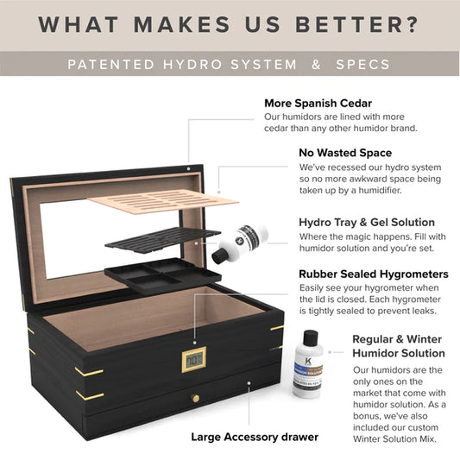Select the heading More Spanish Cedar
click(325, 104)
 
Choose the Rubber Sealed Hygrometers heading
click(374, 274)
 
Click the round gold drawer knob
click(196, 399)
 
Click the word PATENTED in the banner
click(110, 65)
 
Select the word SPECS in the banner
click(366, 65)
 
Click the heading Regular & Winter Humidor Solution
click(398, 345)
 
